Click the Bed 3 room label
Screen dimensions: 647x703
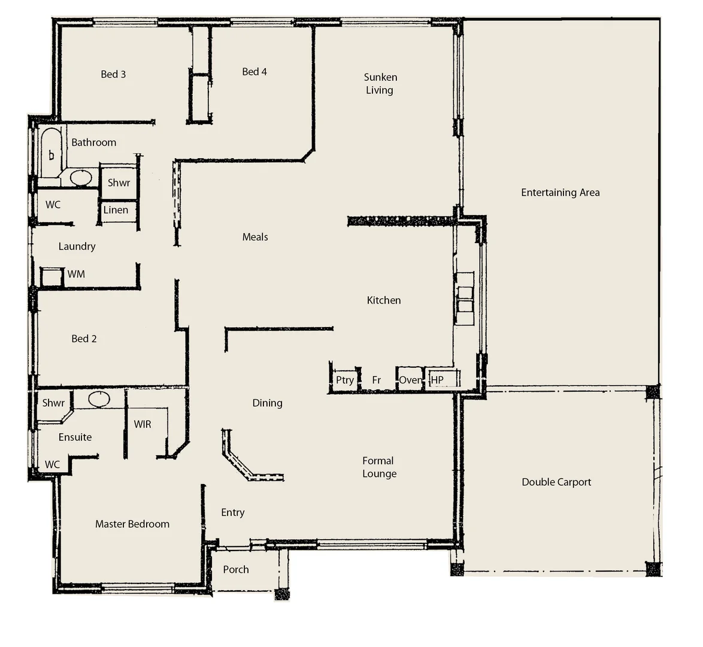113,74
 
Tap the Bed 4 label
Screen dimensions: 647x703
254,72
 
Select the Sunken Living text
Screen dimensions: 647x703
380,84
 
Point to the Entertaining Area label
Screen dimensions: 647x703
560,192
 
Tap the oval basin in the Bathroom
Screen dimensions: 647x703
81,178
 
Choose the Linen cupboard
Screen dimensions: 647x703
116,210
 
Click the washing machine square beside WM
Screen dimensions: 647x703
52,277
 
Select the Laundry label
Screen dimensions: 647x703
77,246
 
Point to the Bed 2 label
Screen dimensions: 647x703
84,339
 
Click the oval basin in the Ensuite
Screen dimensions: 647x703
99,399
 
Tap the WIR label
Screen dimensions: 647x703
143,424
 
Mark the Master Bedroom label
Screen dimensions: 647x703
132,524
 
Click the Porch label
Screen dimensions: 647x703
236,570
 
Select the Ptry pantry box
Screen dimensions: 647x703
345,380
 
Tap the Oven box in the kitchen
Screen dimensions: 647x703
410,380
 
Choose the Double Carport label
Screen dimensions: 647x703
556,482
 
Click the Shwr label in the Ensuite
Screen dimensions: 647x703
53,403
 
